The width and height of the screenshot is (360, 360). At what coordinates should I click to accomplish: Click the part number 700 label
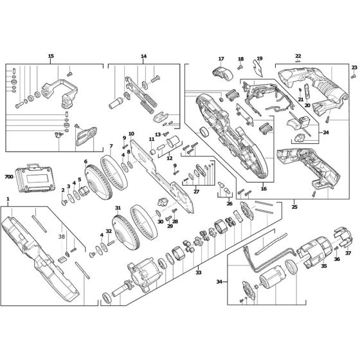tap(9, 175)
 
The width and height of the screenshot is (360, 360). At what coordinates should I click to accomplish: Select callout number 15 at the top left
tap(51, 56)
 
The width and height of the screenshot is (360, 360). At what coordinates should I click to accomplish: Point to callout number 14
tap(143, 56)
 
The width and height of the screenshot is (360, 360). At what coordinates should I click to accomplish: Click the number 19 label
tap(260, 59)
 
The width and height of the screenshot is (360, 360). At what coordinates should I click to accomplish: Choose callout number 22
tap(298, 56)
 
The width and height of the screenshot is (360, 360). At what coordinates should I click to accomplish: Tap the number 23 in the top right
tap(354, 67)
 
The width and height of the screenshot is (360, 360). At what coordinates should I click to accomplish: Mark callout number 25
tap(294, 206)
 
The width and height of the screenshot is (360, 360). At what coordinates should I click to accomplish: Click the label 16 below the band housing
tap(264, 189)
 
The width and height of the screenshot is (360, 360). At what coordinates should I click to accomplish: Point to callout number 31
tap(118, 208)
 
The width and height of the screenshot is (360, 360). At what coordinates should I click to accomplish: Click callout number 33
tap(198, 272)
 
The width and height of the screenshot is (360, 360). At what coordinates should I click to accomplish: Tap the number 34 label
tap(219, 281)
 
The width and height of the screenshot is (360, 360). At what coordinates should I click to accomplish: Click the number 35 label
tap(323, 265)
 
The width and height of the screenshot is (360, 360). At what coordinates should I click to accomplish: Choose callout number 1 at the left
tap(8, 199)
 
